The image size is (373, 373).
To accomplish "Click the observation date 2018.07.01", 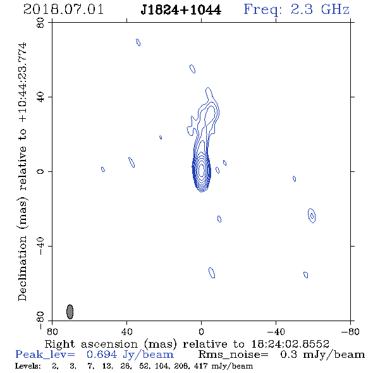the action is [x=63, y=9].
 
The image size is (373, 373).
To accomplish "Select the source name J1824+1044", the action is [x=181, y=10].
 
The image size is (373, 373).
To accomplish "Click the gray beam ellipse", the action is [x=70, y=312].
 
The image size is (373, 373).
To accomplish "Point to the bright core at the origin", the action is [x=202, y=169].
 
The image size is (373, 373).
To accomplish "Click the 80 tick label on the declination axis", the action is [x=40, y=23].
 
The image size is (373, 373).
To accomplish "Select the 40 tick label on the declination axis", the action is [x=40, y=97].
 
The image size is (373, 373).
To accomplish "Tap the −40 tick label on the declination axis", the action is [x=40, y=246].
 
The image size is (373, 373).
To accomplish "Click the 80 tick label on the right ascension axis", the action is [x=52, y=331].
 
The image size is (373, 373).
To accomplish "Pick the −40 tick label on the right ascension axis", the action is [x=276, y=331].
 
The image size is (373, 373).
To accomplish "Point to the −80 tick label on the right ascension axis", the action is [x=350, y=331].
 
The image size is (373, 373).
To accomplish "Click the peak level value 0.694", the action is [x=102, y=355].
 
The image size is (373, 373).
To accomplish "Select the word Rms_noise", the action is [x=233, y=355].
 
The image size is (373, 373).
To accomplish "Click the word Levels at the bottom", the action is [x=28, y=366].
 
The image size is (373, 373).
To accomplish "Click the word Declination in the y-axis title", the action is [x=22, y=268].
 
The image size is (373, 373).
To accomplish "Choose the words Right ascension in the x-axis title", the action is [x=91, y=344].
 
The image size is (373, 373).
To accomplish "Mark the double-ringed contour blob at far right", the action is [x=312, y=216].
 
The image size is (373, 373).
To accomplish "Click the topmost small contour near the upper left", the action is [x=138, y=42].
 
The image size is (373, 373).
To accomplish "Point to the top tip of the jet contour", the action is [x=208, y=88].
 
